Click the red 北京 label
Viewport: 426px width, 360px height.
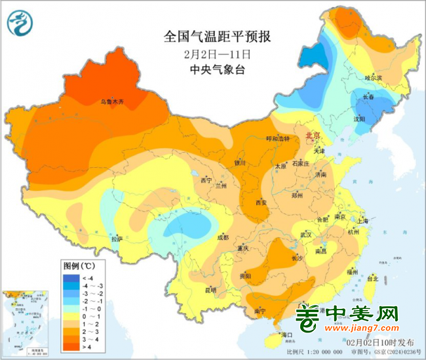click(313, 135)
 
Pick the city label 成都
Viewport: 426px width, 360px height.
click(223, 237)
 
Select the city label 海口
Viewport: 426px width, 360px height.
click(285, 334)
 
